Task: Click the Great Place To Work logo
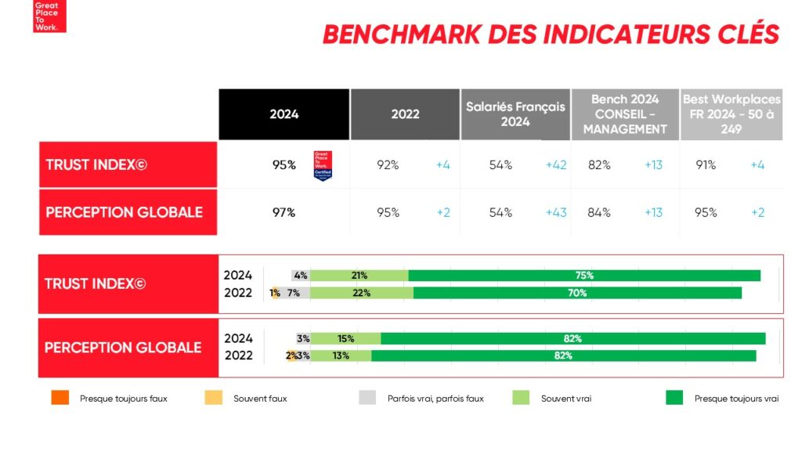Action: [x=49, y=16]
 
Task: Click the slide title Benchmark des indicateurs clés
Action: [x=551, y=34]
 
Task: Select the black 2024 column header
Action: [x=284, y=114]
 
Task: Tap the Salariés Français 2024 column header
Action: [x=515, y=114]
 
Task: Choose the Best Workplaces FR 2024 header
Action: [x=732, y=114]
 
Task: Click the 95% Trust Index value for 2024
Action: [x=284, y=165]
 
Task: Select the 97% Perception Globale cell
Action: [x=284, y=212]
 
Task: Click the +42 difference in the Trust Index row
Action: [x=556, y=165]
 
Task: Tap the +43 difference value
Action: [x=556, y=212]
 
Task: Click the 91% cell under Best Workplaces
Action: [x=706, y=165]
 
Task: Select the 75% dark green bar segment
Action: [x=584, y=276]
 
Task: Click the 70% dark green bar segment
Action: [x=577, y=293]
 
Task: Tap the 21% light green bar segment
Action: [x=359, y=276]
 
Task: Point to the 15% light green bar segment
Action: [x=346, y=338]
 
